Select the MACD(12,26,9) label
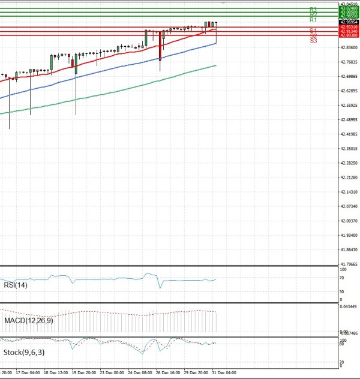point(28,321)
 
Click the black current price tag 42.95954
point(349,22)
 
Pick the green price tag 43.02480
point(349,8)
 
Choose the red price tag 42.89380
point(349,35)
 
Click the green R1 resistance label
point(313,20)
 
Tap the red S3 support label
point(313,40)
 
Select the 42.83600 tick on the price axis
point(349,47)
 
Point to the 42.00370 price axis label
point(349,221)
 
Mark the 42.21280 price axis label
point(349,178)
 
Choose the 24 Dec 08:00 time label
point(139,371)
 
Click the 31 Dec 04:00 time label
point(223,371)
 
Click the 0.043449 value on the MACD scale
point(349,307)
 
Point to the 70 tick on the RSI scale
point(341,278)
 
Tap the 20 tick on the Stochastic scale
point(341,362)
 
